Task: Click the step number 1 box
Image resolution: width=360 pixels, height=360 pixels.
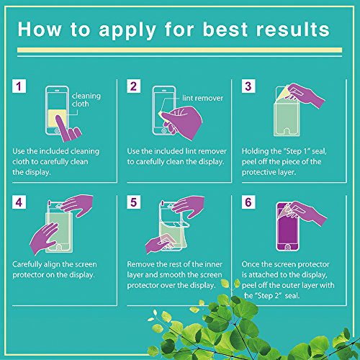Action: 19,86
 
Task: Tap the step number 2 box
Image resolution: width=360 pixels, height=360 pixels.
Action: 134,86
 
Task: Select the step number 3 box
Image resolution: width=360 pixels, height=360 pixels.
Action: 248,86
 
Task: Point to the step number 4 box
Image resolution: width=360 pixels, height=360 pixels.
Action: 19,202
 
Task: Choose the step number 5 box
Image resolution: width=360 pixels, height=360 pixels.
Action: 134,202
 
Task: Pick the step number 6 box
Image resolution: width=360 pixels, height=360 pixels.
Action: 248,202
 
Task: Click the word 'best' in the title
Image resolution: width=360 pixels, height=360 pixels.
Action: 225,30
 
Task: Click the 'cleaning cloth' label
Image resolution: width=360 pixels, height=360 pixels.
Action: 86,99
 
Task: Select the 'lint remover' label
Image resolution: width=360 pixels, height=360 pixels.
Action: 202,98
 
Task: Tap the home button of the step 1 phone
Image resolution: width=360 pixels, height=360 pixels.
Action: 57,131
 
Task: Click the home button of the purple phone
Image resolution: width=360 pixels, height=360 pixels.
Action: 287,247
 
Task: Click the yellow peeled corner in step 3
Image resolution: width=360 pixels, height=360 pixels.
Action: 283,93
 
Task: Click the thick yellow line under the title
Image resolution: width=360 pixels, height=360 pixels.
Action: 179,50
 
